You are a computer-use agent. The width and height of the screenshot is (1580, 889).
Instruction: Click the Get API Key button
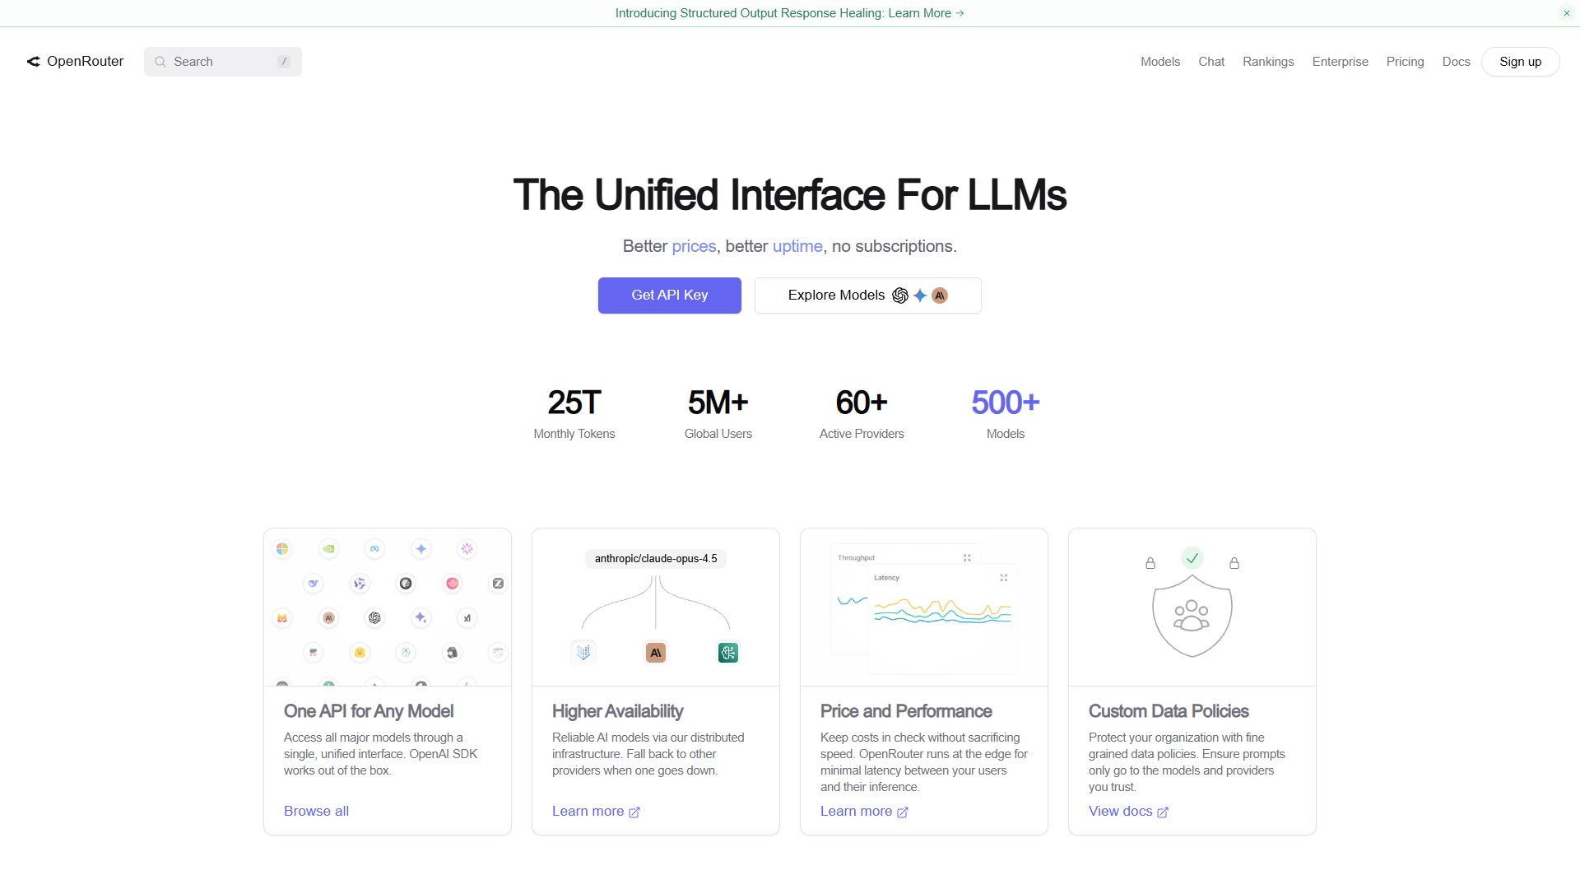point(669,295)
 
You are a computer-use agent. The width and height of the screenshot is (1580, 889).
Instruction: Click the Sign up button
point(1520,62)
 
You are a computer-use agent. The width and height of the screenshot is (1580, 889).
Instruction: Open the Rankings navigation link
point(1268,62)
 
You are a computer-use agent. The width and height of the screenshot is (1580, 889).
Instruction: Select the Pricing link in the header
point(1405,62)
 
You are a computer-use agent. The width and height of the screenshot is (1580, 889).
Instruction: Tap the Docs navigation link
point(1456,62)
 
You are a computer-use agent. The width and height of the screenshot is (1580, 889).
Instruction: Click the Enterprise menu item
point(1340,62)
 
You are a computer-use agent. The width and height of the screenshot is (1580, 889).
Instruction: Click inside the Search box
point(223,62)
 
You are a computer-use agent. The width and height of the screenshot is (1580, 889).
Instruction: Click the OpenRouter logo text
point(85,62)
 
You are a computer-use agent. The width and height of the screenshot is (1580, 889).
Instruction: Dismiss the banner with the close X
point(1567,13)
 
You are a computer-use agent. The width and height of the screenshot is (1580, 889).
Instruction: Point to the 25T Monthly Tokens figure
point(574,403)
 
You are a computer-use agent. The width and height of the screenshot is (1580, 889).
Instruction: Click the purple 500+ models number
point(1006,403)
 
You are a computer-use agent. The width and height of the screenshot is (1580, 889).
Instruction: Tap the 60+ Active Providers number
point(862,403)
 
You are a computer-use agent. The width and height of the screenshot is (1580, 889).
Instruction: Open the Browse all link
point(316,811)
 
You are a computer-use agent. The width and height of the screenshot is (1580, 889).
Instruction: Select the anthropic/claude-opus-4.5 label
point(656,559)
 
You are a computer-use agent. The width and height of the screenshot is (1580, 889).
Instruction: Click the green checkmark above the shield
point(1192,558)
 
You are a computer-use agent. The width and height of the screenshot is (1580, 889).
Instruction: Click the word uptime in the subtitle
point(797,246)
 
